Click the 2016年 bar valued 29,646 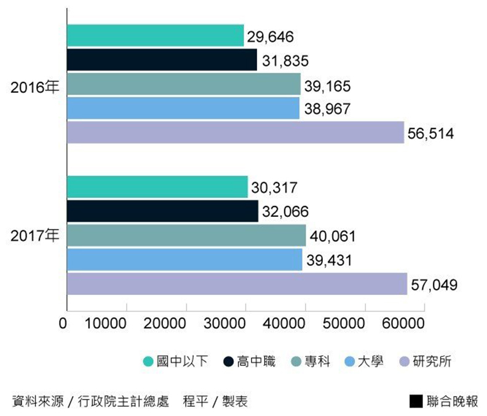(x=155, y=36)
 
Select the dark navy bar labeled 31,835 (x=162, y=60)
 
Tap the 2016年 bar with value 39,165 (x=183, y=84)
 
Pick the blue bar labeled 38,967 (x=183, y=109)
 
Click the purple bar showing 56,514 (x=235, y=133)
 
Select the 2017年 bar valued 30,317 (x=157, y=187)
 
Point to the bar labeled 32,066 (x=162, y=211)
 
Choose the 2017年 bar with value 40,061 (x=186, y=235)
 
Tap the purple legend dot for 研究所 (x=404, y=361)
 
